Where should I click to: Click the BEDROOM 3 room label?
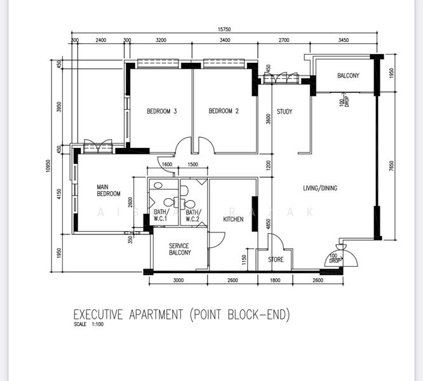161,112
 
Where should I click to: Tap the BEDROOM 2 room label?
224,112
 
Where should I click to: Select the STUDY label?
285,112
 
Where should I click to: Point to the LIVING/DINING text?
319,188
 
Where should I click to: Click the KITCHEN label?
233,219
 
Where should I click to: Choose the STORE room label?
276,259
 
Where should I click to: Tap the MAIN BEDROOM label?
109,190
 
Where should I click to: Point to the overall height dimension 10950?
49,165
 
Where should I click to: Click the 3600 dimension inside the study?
268,119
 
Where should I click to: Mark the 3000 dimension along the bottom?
178,280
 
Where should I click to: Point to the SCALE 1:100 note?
89,325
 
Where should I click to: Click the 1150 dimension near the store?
244,259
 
